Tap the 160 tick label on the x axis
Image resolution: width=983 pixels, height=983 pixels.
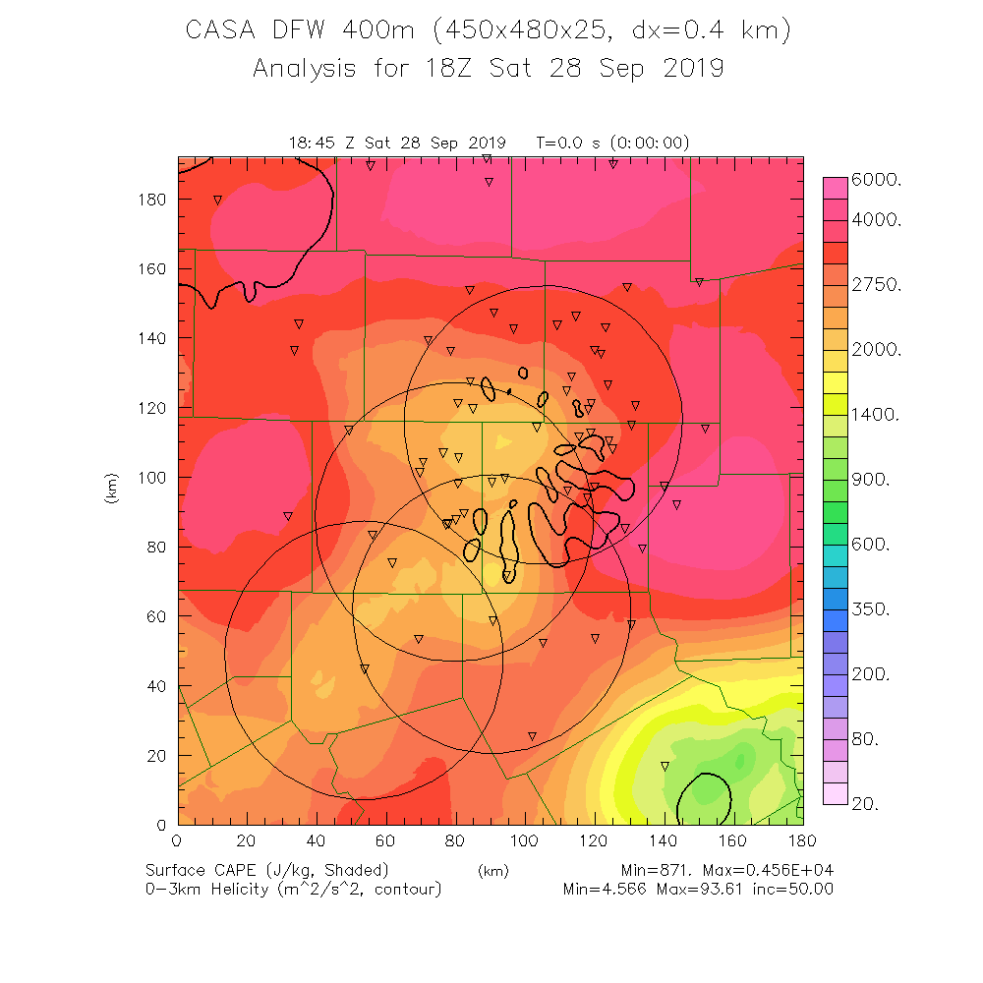click(x=733, y=841)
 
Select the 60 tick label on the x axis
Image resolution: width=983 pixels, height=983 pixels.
click(x=385, y=841)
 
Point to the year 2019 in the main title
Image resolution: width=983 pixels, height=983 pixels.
click(x=687, y=69)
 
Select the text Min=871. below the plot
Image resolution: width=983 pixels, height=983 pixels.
click(x=663, y=871)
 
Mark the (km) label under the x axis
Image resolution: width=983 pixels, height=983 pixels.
click(x=492, y=871)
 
